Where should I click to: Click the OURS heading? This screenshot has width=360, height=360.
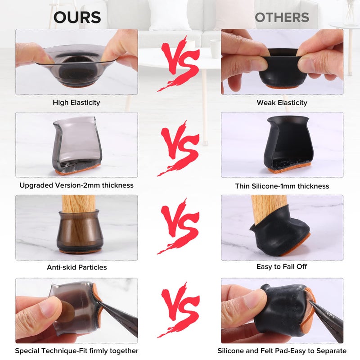point(77,17)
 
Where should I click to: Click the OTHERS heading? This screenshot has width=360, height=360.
point(282,17)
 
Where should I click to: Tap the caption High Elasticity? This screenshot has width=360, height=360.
point(76,103)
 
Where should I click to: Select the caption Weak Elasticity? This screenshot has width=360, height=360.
point(282,103)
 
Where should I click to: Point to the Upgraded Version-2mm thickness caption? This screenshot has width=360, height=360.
point(76,185)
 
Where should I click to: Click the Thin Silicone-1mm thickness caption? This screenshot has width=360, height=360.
point(282,186)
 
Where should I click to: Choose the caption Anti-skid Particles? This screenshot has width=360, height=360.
point(77,267)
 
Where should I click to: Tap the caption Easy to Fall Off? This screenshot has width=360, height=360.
point(282,266)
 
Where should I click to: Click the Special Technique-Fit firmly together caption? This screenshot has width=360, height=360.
point(76,351)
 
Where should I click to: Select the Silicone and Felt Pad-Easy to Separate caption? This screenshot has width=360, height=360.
point(282,351)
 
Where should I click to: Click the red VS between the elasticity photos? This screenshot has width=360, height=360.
point(179,63)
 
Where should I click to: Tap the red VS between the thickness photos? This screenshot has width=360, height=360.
point(179,148)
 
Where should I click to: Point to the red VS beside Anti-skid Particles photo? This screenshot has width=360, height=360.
point(179,226)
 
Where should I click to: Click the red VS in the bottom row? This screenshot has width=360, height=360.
point(179,310)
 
